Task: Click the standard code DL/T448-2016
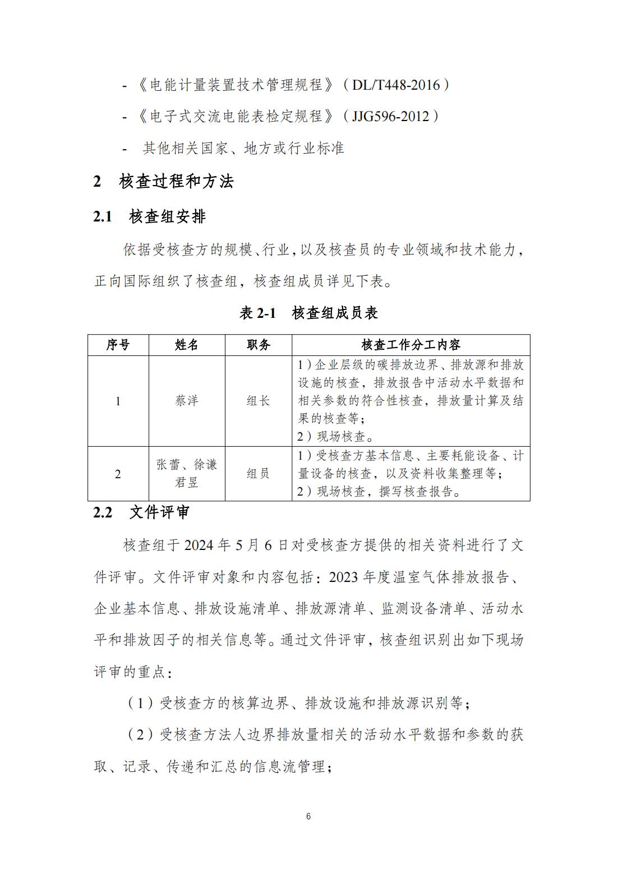(396, 85)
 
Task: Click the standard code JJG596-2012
(390, 117)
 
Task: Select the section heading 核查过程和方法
(176, 181)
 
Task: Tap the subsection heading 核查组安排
(167, 216)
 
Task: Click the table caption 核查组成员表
(335, 313)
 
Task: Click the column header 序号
(118, 345)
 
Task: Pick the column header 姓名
(187, 345)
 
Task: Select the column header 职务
(259, 345)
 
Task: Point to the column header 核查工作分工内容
(411, 345)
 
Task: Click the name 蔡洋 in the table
(187, 401)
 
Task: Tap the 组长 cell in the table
(259, 401)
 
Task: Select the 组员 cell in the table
(259, 474)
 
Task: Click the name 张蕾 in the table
(169, 465)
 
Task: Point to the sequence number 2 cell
(118, 474)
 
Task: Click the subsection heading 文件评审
(160, 512)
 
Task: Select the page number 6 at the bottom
(308, 816)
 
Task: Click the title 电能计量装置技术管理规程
(237, 85)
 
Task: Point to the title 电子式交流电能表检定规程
(237, 117)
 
